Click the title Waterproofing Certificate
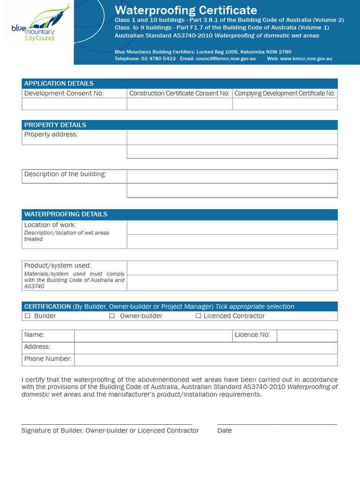click(186, 10)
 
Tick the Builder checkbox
click(28, 316)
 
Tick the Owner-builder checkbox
click(112, 316)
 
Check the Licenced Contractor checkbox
click(198, 316)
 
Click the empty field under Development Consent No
click(75, 104)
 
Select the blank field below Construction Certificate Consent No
click(180, 104)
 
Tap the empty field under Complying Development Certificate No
click(285, 104)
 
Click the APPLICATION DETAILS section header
click(59, 83)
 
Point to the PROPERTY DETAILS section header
click(55, 125)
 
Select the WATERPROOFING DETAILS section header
click(66, 214)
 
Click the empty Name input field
click(153, 336)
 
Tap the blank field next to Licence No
click(307, 336)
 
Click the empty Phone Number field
click(206, 360)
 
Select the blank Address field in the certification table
click(206, 348)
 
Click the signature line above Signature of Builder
click(107, 424)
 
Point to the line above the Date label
click(277, 424)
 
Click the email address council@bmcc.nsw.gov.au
click(226, 59)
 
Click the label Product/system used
click(58, 266)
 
